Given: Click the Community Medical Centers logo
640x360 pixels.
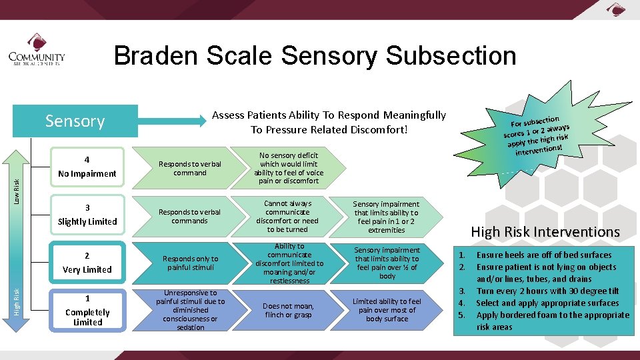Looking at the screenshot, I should click(x=37, y=57).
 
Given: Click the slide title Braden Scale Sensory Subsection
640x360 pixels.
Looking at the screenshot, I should click(x=315, y=56).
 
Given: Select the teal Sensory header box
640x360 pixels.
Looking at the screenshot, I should click(x=75, y=121).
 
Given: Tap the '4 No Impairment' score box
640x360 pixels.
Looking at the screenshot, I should click(x=87, y=167).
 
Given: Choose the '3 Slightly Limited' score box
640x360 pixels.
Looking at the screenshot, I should click(x=87, y=215).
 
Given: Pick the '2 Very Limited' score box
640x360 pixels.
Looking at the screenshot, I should click(x=87, y=263).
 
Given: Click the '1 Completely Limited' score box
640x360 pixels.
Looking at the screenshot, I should click(x=87, y=310).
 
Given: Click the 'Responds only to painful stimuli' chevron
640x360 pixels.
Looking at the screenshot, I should click(x=190, y=263).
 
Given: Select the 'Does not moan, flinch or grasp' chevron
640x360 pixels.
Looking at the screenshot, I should click(x=289, y=310).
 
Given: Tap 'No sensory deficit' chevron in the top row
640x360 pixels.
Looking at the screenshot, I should click(x=289, y=167).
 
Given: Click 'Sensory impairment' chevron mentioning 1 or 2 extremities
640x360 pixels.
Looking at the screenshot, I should click(x=386, y=217).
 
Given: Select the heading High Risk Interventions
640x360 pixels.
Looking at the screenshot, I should click(x=545, y=232).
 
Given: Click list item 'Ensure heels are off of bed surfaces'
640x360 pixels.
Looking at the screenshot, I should click(x=543, y=255).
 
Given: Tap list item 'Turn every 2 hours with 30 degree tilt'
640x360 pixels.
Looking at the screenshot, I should click(x=547, y=291).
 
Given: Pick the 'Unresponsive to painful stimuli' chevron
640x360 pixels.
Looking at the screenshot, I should click(x=190, y=310).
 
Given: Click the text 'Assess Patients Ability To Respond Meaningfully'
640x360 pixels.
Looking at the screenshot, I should click(x=329, y=115).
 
